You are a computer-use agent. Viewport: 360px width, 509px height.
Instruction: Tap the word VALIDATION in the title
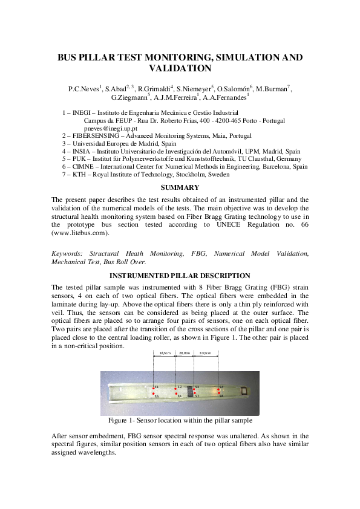coord(180,69)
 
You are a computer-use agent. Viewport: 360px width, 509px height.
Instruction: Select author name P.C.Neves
coord(84,89)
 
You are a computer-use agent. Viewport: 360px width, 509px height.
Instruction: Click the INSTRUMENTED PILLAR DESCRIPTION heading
coord(180,276)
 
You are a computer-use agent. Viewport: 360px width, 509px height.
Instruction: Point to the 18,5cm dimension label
coord(164,353)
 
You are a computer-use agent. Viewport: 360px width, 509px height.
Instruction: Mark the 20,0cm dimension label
coord(185,353)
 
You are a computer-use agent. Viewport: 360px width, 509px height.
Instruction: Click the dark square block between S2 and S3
coord(189,391)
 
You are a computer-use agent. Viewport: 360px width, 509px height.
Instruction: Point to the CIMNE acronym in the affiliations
coord(83,167)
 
